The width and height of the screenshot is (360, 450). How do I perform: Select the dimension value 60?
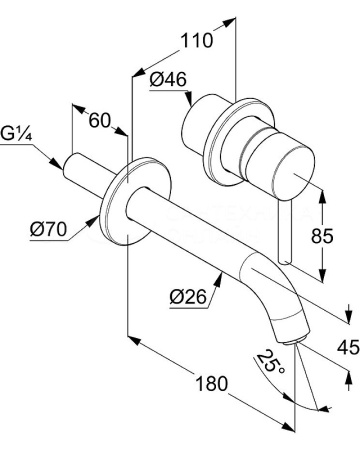[x=98, y=121]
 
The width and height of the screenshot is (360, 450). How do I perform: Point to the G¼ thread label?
[x=17, y=132]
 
